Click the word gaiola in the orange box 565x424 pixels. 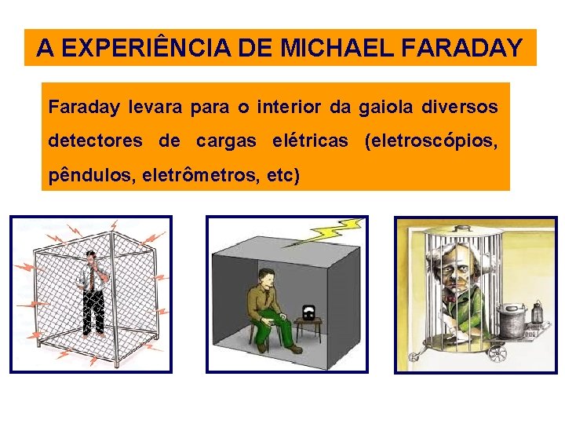click(x=388, y=105)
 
